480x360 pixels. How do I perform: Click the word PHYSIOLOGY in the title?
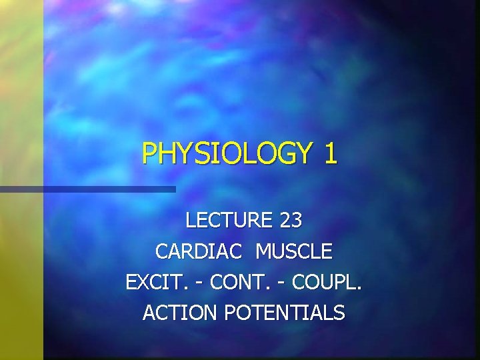tap(227, 153)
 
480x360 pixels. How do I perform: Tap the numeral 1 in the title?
tap(331, 153)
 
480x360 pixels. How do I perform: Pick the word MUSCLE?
tap(293, 251)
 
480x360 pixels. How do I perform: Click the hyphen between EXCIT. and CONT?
tap(200, 283)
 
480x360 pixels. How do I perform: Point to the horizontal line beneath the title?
tap(87, 189)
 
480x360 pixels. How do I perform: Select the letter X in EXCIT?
tap(140, 282)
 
